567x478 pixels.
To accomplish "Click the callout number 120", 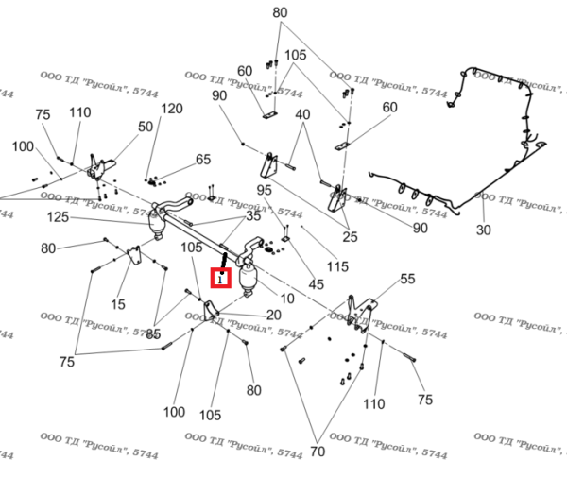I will pyautogui.click(x=171, y=109).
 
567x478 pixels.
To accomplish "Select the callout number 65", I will pyautogui.click(x=203, y=160).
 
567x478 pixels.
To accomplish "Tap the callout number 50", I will pyautogui.click(x=146, y=127).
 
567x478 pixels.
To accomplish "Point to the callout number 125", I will pyautogui.click(x=59, y=218).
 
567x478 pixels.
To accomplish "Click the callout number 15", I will pyautogui.click(x=118, y=304).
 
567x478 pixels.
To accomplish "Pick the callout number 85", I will pyautogui.click(x=153, y=333).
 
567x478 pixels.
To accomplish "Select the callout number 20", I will pyautogui.click(x=273, y=315).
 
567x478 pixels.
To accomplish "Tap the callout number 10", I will pyautogui.click(x=287, y=299).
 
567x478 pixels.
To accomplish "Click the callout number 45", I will pyautogui.click(x=316, y=284).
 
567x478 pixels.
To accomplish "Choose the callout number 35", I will pyautogui.click(x=253, y=217).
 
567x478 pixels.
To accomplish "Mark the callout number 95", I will pyautogui.click(x=264, y=190).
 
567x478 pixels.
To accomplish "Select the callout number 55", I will pyautogui.click(x=407, y=279).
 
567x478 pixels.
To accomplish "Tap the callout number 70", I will pyautogui.click(x=317, y=452).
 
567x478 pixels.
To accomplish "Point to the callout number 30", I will pyautogui.click(x=484, y=230).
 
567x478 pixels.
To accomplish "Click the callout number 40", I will pyautogui.click(x=302, y=114).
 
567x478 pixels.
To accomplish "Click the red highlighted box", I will pyautogui.click(x=220, y=278).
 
